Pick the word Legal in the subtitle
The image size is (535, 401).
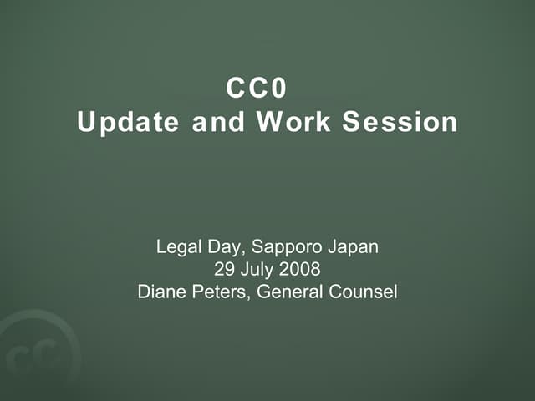pyautogui.click(x=176, y=247)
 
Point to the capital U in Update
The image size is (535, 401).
pyautogui.click(x=85, y=122)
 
